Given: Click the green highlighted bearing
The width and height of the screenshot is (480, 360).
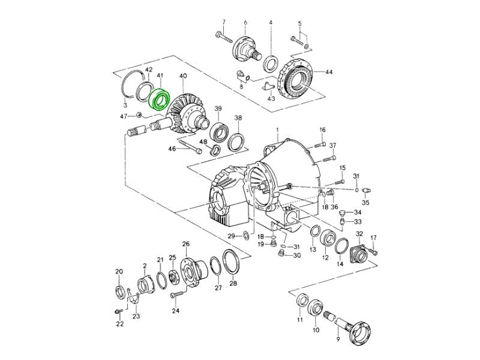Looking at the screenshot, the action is click(158, 99).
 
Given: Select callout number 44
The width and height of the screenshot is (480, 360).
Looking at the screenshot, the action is click(328, 72).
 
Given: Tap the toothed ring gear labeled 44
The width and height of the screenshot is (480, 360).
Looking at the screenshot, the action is click(296, 80).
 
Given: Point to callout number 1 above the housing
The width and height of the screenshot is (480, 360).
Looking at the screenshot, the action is click(277, 130).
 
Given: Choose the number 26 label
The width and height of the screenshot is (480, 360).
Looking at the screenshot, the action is click(186, 244).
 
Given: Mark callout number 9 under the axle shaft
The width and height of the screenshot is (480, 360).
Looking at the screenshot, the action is click(338, 339).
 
